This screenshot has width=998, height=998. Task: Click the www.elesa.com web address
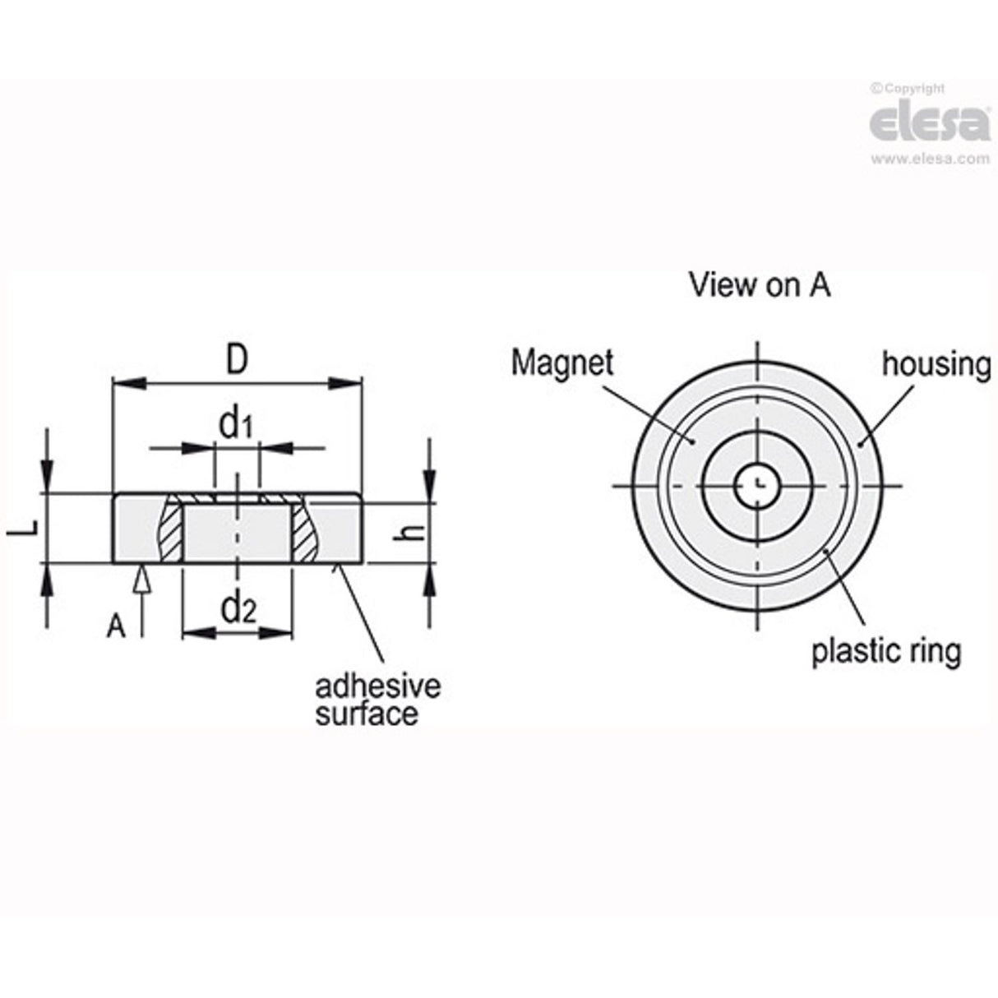[931, 159]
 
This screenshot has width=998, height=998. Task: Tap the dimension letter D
[237, 360]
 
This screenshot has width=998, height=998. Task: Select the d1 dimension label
[236, 425]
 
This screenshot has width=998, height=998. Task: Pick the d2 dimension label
[238, 608]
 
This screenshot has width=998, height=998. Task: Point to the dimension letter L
[25, 527]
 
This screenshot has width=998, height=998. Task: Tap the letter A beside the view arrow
[116, 626]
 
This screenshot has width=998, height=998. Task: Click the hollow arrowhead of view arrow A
[141, 579]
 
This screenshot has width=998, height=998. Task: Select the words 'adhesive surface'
[377, 700]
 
